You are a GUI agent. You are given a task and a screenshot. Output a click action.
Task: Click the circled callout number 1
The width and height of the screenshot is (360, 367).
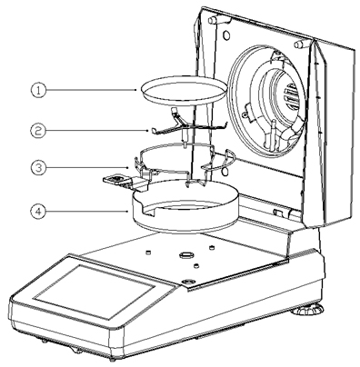click(38, 90)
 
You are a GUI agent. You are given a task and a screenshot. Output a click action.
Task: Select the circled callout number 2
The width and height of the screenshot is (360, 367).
click(38, 131)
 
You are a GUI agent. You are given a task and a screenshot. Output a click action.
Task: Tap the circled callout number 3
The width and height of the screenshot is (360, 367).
click(38, 167)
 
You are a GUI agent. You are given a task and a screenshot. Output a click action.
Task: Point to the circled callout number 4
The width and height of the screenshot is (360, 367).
click(38, 211)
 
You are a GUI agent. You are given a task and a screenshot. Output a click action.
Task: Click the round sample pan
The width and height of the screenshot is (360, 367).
click(185, 90)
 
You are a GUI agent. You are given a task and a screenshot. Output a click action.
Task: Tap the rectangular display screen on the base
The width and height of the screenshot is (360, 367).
click(95, 291)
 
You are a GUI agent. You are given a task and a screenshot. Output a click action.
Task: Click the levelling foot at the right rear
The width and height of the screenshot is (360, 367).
click(307, 310)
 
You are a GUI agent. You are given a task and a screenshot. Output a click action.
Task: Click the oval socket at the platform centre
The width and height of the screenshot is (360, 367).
click(185, 255)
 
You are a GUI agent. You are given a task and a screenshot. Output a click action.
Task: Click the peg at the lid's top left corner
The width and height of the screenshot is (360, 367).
click(213, 20)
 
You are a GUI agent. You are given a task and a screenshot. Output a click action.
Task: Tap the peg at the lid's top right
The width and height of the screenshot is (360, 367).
click(299, 45)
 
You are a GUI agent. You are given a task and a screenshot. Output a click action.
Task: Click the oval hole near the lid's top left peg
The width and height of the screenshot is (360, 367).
click(226, 35)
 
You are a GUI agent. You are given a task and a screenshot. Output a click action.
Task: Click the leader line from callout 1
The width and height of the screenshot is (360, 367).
click(91, 90)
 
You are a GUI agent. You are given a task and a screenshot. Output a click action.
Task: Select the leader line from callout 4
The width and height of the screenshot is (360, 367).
click(87, 211)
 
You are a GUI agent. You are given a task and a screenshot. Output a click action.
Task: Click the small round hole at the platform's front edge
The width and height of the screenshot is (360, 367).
click(187, 281)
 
